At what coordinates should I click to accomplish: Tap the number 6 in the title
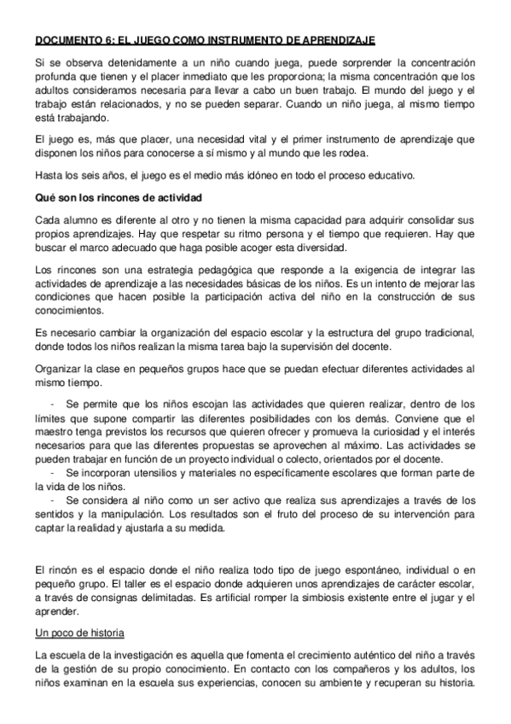tap(107, 40)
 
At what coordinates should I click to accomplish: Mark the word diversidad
tap(316, 248)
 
